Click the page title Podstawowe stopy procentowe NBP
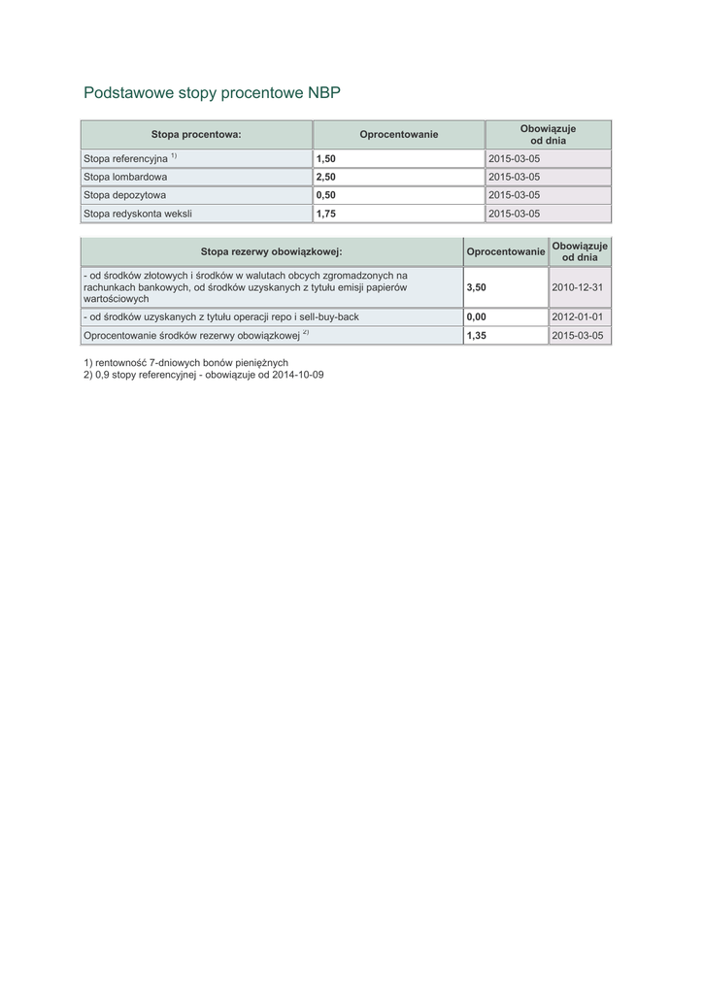212,93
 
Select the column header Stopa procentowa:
195,134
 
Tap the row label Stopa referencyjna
126,158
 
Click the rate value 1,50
325,158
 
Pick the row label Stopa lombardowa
125,177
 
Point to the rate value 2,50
325,177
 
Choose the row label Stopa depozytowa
125,195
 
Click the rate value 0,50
325,195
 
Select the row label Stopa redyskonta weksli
137,214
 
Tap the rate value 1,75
325,214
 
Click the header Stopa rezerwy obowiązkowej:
271,251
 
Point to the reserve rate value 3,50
476,287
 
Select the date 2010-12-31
577,287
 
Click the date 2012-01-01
577,316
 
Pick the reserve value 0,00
476,316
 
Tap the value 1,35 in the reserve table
476,335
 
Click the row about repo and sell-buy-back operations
221,316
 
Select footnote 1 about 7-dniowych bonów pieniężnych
186,362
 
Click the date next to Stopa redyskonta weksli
514,214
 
